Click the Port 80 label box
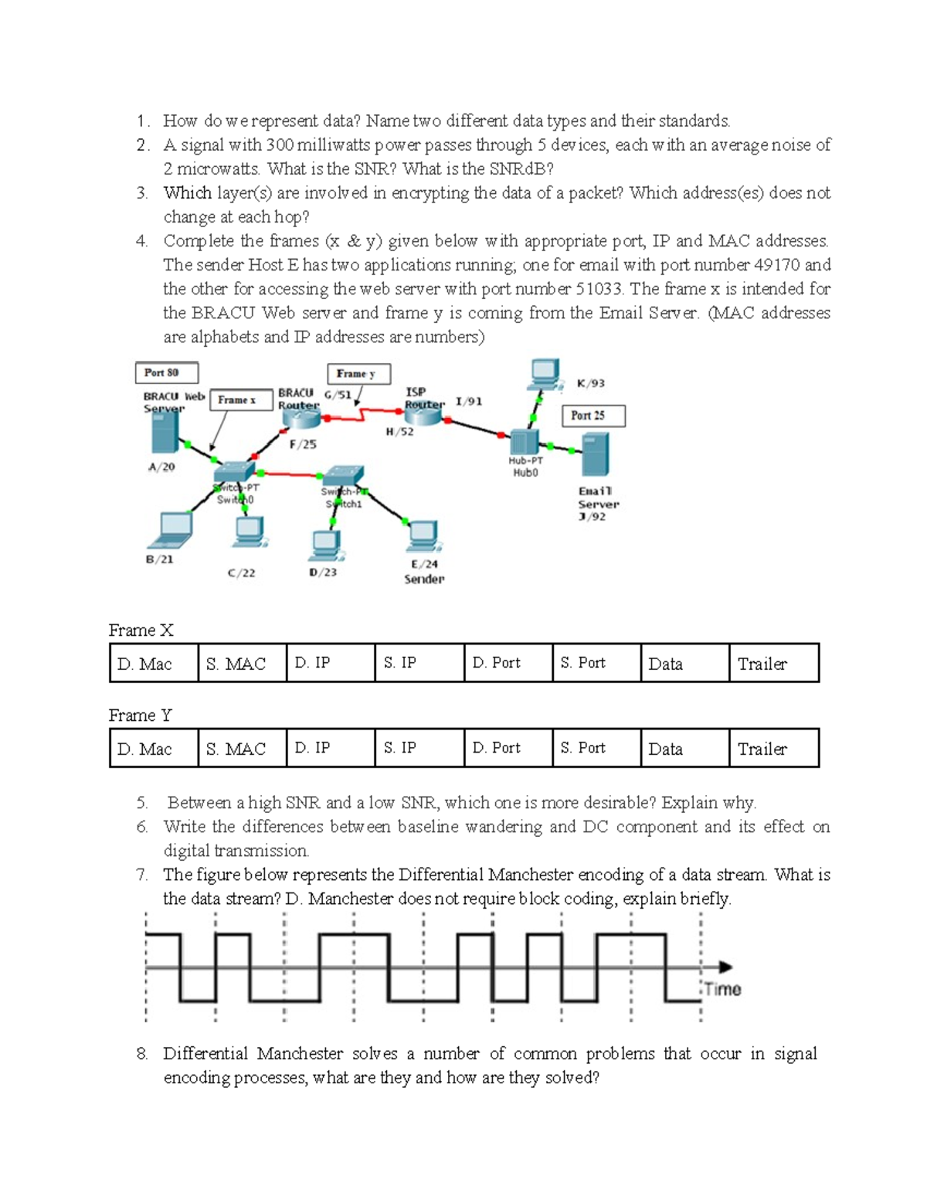pyautogui.click(x=166, y=373)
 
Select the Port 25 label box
pyautogui.click(x=593, y=416)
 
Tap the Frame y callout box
pyautogui.click(x=358, y=374)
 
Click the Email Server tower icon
pyautogui.click(x=595, y=454)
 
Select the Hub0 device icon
pyautogui.click(x=524, y=442)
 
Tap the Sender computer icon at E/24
pyautogui.click(x=423, y=535)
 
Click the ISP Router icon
pyautogui.click(x=423, y=415)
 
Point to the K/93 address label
pyautogui.click(x=591, y=383)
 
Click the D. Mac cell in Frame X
pyautogui.click(x=154, y=663)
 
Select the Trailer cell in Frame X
pyautogui.click(x=773, y=663)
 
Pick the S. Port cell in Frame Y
pyautogui.click(x=596, y=748)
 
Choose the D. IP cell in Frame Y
pyautogui.click(x=330, y=748)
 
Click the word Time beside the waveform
pyautogui.click(x=722, y=990)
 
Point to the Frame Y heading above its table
pyautogui.click(x=140, y=716)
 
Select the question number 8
pyautogui.click(x=142, y=1054)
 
